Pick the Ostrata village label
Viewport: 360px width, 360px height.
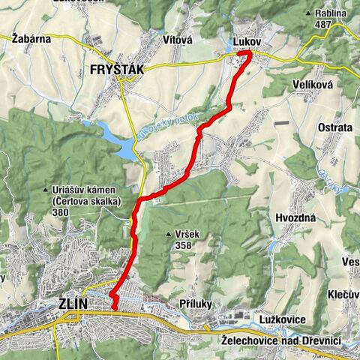pos(335,127)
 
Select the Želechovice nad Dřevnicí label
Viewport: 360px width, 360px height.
pos(281,340)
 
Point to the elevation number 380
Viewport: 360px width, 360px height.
pos(62,211)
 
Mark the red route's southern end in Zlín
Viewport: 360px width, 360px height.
pos(115,307)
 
